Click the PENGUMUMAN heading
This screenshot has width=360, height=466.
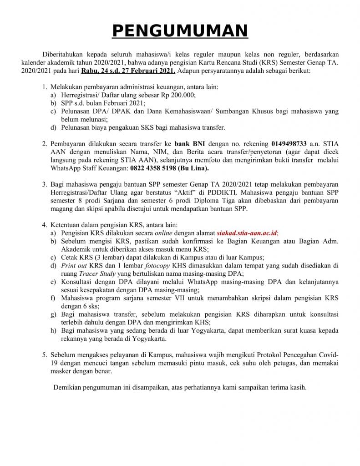(x=180, y=30)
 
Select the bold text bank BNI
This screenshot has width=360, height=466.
(x=190, y=143)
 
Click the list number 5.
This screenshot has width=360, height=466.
(x=44, y=355)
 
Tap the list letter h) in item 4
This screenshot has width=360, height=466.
(x=54, y=330)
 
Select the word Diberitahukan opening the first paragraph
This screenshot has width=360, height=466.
(x=63, y=55)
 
